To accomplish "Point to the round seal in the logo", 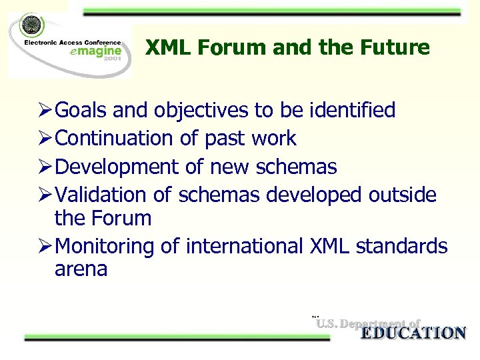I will point(30,26).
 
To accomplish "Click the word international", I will point(246,246).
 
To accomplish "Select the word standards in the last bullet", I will point(402,246).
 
